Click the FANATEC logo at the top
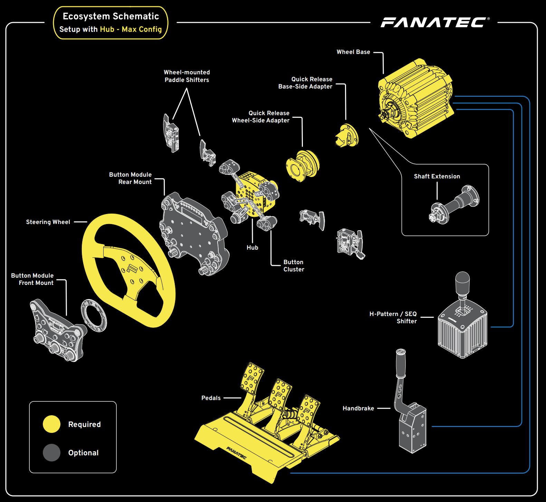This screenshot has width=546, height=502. [x=434, y=22]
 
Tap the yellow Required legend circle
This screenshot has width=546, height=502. [x=51, y=424]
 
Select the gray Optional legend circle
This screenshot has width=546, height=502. [x=51, y=453]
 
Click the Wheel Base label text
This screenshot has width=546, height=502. [x=353, y=52]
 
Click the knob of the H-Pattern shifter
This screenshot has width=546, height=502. [x=462, y=282]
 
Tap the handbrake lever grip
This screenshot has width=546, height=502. [x=401, y=363]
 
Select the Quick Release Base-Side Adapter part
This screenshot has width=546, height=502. [x=347, y=136]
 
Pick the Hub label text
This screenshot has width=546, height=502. [x=252, y=248]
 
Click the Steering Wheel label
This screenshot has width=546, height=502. [x=48, y=222]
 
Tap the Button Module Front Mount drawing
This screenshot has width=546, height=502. [x=58, y=330]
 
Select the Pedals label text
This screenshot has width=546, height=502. [x=211, y=398]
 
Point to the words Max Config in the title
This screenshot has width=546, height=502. [x=142, y=29]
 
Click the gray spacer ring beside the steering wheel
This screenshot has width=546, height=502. [x=94, y=315]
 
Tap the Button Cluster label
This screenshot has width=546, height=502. [x=294, y=266]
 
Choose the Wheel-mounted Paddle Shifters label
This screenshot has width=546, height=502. [x=187, y=76]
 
